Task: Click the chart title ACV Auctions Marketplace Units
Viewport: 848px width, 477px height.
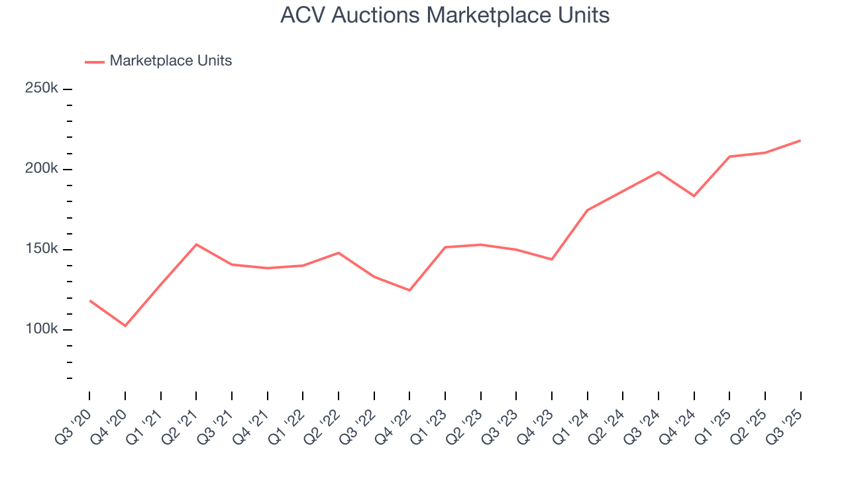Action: pyautogui.click(x=445, y=15)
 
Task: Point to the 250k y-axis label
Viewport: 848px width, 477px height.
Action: pyautogui.click(x=42, y=88)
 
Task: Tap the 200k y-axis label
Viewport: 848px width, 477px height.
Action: pyautogui.click(x=42, y=169)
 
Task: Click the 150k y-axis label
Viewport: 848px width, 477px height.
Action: pyautogui.click(x=42, y=249)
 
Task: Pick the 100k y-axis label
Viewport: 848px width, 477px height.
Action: pyautogui.click(x=42, y=329)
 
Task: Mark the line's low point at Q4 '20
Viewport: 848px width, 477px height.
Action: pyautogui.click(x=125, y=325)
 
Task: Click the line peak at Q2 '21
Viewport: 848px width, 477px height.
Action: pyautogui.click(x=196, y=244)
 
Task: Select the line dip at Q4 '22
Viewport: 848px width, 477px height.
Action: pyautogui.click(x=409, y=290)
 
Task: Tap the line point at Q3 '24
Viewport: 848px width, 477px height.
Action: pyautogui.click(x=659, y=172)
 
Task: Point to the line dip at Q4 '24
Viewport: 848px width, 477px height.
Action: pyautogui.click(x=694, y=196)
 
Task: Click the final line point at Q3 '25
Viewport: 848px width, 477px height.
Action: pyautogui.click(x=800, y=140)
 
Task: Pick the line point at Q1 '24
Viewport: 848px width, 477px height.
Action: pyautogui.click(x=588, y=210)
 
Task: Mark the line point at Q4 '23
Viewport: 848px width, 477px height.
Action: pyautogui.click(x=552, y=259)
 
